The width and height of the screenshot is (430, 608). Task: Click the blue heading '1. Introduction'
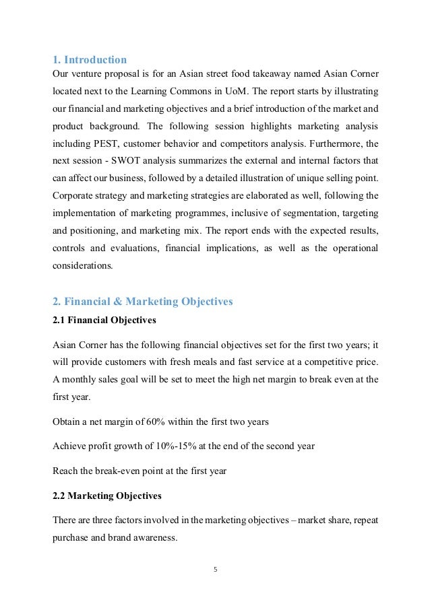point(90,60)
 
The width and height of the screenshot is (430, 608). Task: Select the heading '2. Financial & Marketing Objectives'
point(142,302)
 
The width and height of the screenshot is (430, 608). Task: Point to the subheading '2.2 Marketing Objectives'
point(106,496)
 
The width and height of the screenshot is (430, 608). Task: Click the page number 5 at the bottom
point(215,570)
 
